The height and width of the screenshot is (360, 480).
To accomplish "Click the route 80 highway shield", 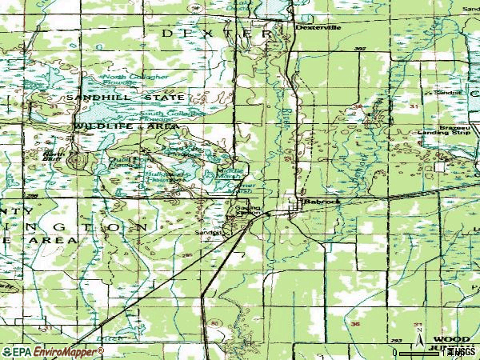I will click(x=214, y=323).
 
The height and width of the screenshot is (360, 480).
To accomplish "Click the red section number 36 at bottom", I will click(x=357, y=324).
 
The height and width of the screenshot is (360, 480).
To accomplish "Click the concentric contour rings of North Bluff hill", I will click(x=77, y=162).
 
